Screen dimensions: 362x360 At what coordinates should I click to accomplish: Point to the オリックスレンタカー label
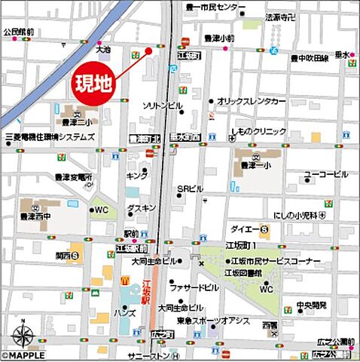(252, 101)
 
